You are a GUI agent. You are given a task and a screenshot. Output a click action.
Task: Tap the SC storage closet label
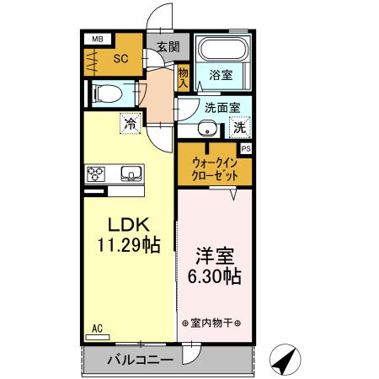point(120,60)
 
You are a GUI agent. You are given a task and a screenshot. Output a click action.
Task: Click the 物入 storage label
point(183,78)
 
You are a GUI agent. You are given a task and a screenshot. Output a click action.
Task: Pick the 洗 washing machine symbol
point(239,128)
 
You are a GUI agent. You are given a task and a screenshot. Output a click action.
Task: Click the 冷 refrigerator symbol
point(131,123)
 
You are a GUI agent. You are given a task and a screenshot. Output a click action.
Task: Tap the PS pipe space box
point(246,148)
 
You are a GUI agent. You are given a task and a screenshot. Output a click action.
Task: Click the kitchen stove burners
point(94,174)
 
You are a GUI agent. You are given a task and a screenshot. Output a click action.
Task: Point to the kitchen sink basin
point(131,174)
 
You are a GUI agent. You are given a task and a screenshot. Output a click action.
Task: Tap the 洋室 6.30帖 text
point(214,264)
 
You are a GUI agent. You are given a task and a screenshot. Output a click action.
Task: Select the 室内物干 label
point(211,323)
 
